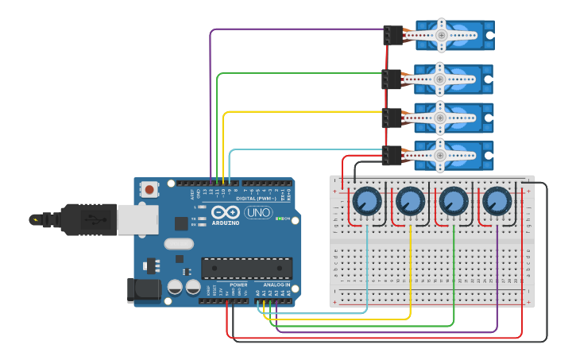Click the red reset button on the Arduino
149,189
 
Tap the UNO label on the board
257,212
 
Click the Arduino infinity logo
226,213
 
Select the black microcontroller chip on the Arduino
246,268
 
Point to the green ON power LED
276,219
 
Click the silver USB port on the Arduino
137,219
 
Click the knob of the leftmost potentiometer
367,200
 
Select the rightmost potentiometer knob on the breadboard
497,200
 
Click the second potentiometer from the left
410,200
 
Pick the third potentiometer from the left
454,200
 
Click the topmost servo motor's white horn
440,35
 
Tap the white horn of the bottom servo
440,156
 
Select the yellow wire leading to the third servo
302,112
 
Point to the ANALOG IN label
272,284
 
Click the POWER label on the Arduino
238,284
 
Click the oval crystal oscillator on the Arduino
179,244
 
